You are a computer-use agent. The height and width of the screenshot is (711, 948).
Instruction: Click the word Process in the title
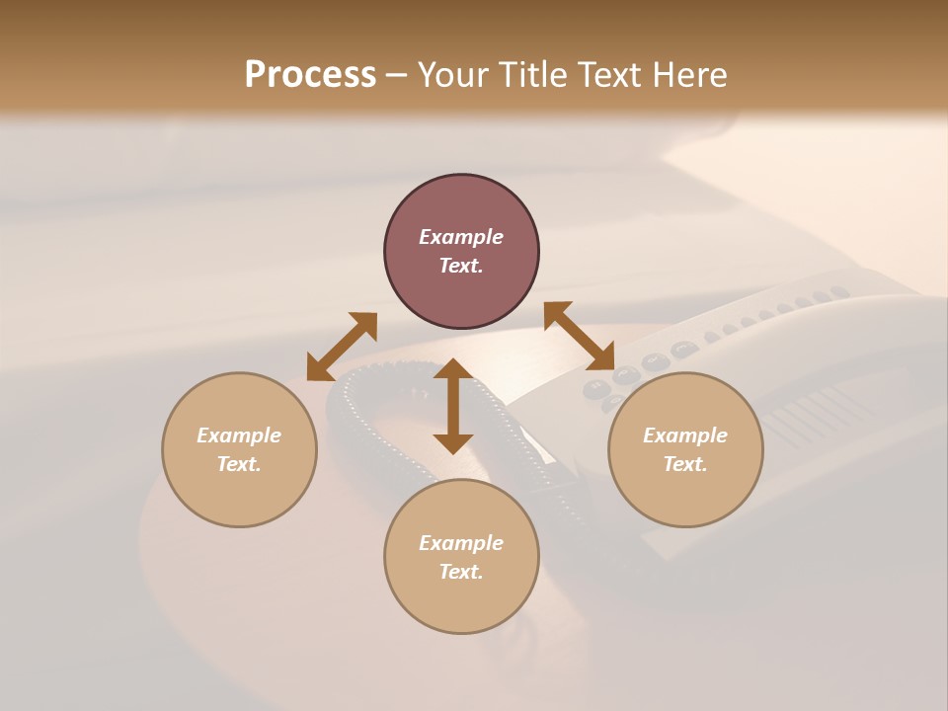(310, 75)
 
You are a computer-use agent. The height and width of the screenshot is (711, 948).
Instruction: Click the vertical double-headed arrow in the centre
(453, 406)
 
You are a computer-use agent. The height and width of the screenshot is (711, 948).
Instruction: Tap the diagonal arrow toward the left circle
(342, 347)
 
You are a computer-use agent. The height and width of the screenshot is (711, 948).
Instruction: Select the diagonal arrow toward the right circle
(579, 336)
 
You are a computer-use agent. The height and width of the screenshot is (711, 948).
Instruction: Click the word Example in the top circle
(461, 237)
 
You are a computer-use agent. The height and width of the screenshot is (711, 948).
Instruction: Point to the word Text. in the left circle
(239, 464)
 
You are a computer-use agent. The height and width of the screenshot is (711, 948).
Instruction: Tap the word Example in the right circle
(685, 435)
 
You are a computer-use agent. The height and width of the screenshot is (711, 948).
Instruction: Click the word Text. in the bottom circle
(461, 572)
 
